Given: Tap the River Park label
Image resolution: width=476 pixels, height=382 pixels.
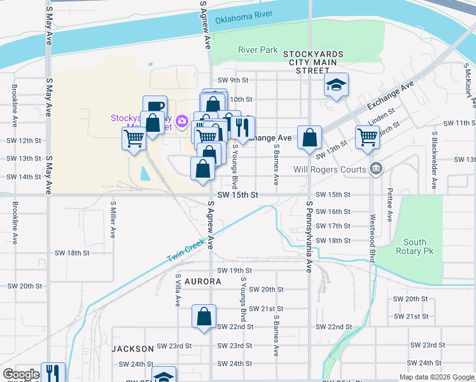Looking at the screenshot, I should coord(258,50).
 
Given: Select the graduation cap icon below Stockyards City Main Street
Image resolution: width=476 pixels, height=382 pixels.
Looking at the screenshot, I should coord(336,85).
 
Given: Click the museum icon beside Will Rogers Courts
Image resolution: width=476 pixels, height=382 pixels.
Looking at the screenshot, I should coord(376,169).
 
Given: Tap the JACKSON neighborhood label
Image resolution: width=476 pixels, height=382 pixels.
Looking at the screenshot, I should coord(132,349).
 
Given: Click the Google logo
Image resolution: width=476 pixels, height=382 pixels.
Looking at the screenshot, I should coord(21,374).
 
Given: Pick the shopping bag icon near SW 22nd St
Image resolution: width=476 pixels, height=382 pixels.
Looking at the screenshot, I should coord(204,316).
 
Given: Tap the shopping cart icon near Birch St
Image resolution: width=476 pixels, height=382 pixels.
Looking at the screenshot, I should coord(367,137).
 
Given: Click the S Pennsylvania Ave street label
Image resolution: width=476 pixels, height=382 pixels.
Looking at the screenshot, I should coord(309,237).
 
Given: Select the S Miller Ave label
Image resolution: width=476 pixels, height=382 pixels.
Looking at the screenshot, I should coord(113,220).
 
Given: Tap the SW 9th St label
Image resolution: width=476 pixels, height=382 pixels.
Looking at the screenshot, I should coord(232,80).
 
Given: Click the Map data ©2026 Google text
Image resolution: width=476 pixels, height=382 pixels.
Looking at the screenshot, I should coord(436,377).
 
